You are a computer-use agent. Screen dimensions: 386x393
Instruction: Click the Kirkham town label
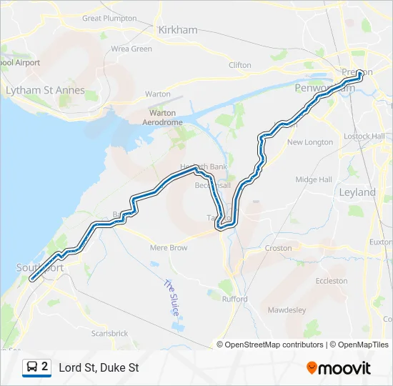172,31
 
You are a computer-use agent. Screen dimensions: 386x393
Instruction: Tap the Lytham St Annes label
45,91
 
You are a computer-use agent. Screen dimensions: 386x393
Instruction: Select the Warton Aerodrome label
163,118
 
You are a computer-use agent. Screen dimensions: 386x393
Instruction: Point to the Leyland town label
357,192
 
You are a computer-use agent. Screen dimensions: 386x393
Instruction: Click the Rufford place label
234,299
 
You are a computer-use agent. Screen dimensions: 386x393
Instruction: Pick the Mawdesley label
287,310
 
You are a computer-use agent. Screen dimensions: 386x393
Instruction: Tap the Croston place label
278,248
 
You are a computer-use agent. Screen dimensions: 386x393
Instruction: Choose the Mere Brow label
169,248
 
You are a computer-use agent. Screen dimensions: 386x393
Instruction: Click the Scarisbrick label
109,333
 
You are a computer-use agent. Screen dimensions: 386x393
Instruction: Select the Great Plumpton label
109,18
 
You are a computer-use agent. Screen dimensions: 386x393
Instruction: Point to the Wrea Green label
131,49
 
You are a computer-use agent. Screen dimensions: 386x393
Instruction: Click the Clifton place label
240,65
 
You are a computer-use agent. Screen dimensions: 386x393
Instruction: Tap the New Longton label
309,142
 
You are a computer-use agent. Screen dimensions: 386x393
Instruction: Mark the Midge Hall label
314,179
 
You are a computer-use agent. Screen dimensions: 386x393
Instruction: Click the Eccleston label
332,281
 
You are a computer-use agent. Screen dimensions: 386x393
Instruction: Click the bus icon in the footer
31,367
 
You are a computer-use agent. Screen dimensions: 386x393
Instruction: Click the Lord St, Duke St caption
99,368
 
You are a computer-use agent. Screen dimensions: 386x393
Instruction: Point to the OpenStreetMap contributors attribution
274,345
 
